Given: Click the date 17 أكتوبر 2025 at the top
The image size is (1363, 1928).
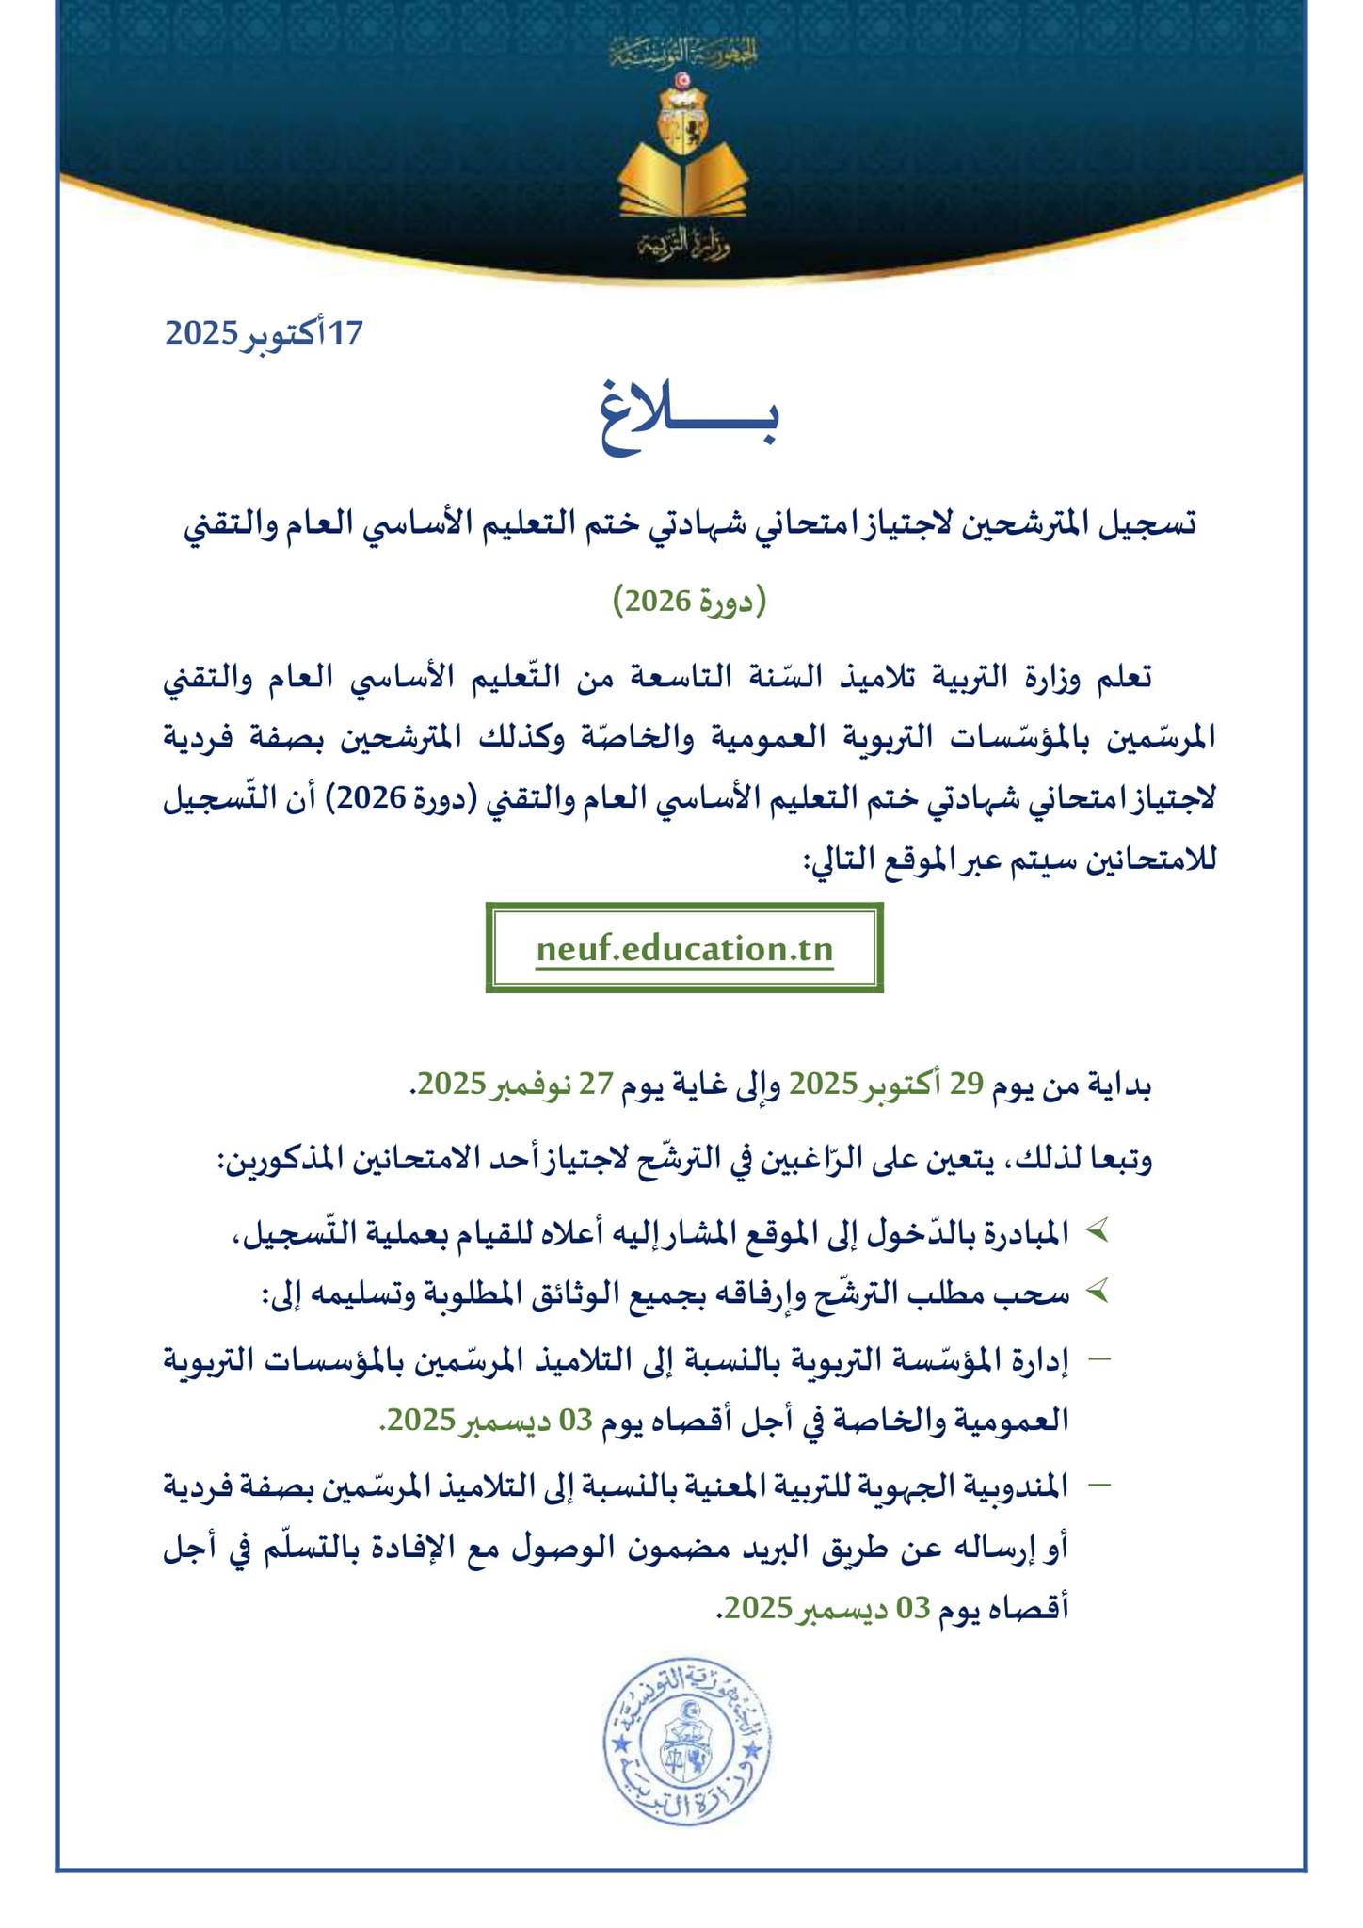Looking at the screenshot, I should [x=264, y=333].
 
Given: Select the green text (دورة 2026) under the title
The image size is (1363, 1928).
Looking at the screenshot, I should [x=690, y=601].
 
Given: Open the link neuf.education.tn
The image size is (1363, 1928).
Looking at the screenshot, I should [x=684, y=948].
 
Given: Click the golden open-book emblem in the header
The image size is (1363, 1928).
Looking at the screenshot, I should [x=683, y=179].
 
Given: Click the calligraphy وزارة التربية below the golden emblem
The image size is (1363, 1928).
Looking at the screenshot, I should [x=684, y=245].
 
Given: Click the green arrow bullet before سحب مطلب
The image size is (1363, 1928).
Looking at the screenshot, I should [x=1097, y=1293].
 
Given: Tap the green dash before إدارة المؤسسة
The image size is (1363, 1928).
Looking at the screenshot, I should [x=1098, y=1358].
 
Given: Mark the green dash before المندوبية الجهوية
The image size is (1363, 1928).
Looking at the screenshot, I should [x=1098, y=1485].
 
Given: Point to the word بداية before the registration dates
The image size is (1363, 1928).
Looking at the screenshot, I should [x=1120, y=1084].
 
